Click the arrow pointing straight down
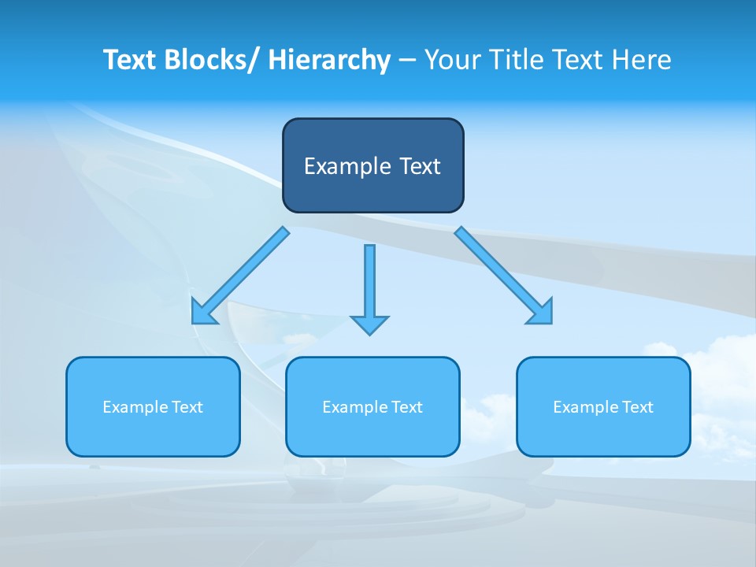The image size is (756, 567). [369, 283]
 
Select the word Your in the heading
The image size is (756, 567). [451, 60]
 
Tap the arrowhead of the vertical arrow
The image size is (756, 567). [369, 324]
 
